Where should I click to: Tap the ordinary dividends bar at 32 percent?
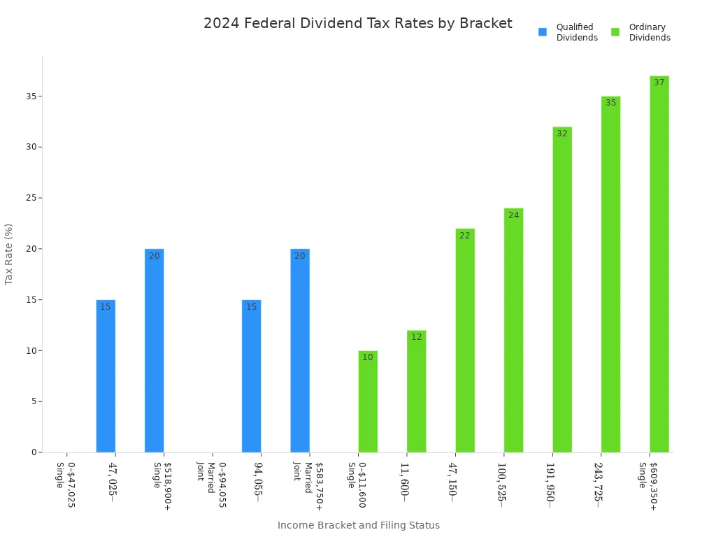(561, 289)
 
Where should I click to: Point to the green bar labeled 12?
(416, 392)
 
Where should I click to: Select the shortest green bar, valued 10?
(368, 401)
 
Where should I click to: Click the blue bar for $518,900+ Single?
(154, 350)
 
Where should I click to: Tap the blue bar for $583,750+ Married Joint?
(300, 350)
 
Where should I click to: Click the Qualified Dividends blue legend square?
(543, 32)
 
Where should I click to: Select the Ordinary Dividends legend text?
(649, 32)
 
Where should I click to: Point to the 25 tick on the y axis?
(31, 198)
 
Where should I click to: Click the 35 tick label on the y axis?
(31, 96)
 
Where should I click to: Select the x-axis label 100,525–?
(501, 482)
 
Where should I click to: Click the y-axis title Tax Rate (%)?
(9, 254)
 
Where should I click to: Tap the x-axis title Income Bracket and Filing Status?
(358, 525)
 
